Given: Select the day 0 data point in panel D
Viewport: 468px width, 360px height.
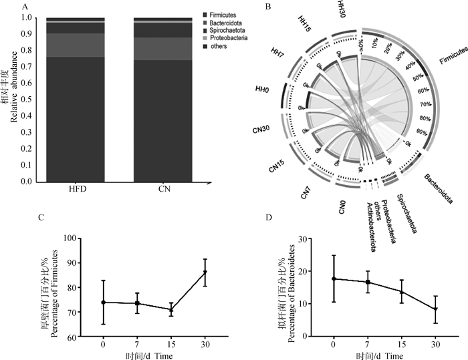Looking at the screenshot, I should point(334,279).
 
